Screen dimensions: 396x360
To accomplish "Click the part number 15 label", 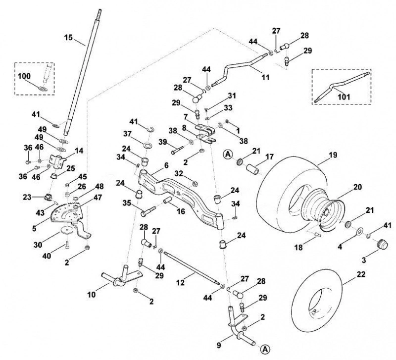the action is [68, 38].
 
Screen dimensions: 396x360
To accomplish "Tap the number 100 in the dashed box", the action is [24, 76].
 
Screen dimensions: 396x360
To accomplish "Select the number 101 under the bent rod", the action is [344, 97].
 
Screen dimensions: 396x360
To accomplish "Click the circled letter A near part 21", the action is [228, 154].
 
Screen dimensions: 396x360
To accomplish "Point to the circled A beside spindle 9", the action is [265, 349].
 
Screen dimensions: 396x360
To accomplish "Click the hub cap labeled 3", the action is [382, 244].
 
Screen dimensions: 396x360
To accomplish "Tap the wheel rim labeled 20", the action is [323, 209].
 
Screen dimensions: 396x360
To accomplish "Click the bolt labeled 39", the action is [177, 151].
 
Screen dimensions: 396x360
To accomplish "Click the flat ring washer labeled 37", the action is [148, 146].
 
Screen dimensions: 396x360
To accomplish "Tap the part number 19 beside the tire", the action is [333, 154].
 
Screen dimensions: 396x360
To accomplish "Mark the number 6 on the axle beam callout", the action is [166, 165].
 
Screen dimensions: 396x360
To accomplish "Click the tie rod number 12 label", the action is [180, 282].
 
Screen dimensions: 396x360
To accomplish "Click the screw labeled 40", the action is [67, 245].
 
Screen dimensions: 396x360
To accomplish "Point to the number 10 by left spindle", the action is [92, 294].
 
